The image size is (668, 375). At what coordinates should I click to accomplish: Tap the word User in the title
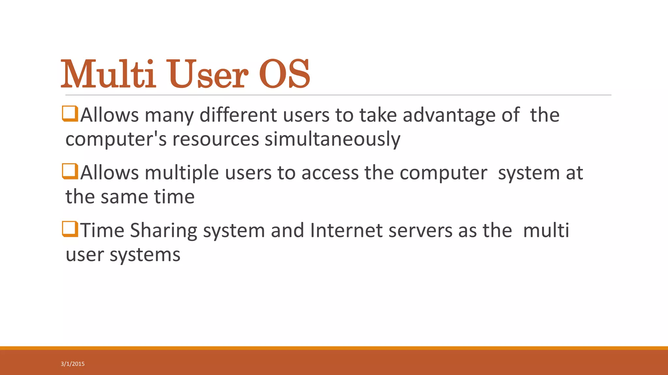point(208,74)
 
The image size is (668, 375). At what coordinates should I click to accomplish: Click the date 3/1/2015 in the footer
point(72,364)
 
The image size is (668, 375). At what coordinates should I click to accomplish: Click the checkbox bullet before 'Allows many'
point(70,114)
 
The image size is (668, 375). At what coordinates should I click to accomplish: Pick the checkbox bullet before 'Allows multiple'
point(70,171)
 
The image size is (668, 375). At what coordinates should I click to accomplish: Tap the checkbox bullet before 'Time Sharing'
point(70,229)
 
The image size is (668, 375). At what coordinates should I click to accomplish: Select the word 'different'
point(238,115)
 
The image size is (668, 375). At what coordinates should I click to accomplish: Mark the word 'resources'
point(216,139)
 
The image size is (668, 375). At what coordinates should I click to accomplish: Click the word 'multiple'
point(182,173)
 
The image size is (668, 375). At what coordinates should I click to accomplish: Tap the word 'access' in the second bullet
point(330,173)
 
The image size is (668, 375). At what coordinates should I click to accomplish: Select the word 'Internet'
point(346,230)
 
